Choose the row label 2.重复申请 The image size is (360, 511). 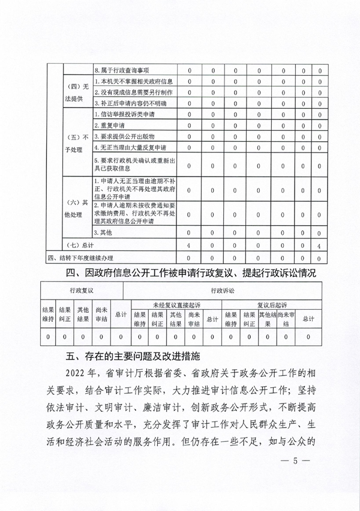coord(110,125)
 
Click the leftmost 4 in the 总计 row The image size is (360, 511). coord(189,245)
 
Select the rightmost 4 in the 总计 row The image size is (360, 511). coord(320,245)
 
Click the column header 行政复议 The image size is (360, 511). coord(82,290)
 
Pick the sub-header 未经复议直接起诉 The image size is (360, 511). coord(176,304)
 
